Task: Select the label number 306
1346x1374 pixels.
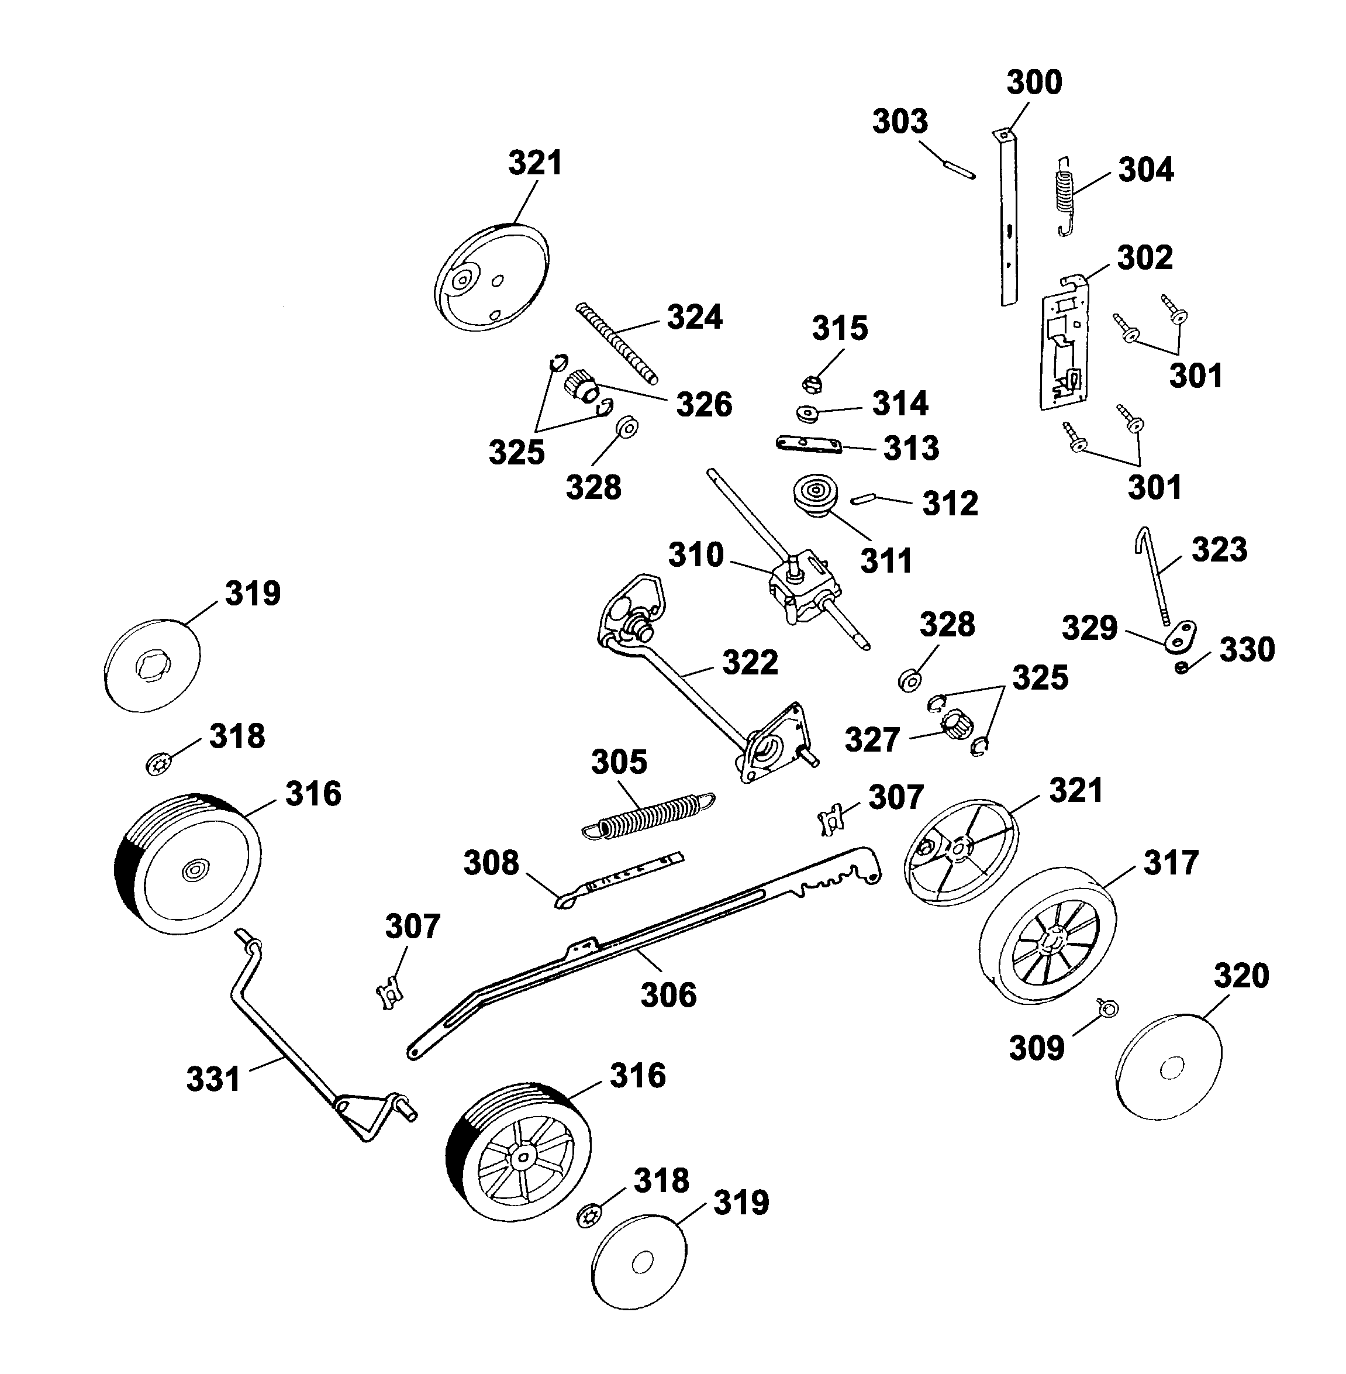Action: [668, 996]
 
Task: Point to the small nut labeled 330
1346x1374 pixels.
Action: [1181, 667]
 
